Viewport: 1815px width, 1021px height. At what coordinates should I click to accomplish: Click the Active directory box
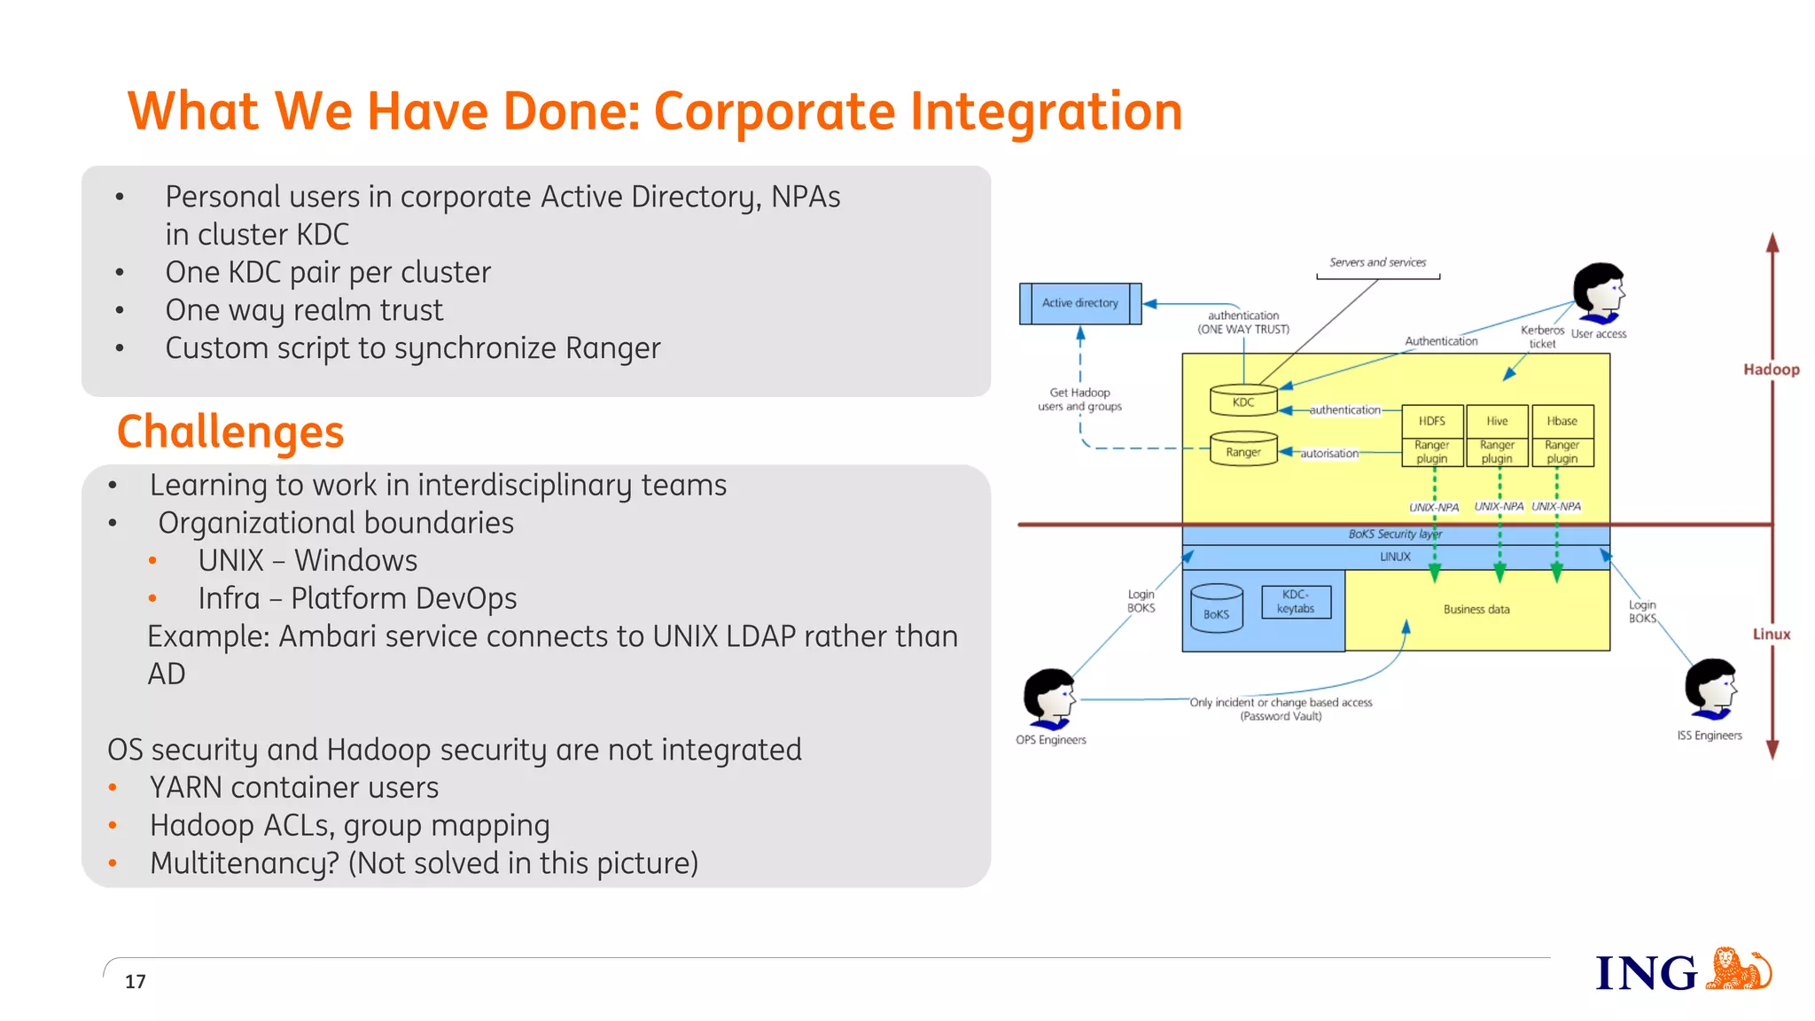pyautogui.click(x=1079, y=303)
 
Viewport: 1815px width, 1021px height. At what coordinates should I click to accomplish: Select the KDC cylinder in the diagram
pyautogui.click(x=1243, y=401)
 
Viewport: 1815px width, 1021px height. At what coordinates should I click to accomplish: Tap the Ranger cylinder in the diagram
pyautogui.click(x=1243, y=451)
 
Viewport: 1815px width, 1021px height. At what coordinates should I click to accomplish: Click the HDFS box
pyautogui.click(x=1431, y=421)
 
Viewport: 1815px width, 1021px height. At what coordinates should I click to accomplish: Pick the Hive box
pyautogui.click(x=1497, y=421)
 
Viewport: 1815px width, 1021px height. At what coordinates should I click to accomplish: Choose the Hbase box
pyautogui.click(x=1562, y=421)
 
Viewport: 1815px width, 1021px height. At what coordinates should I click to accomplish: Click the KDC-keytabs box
pyautogui.click(x=1296, y=602)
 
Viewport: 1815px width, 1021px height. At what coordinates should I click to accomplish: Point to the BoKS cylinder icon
pyautogui.click(x=1216, y=609)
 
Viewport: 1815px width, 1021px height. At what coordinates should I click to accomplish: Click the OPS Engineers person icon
pyautogui.click(x=1050, y=696)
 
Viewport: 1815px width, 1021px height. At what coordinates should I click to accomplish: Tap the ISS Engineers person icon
pyautogui.click(x=1711, y=689)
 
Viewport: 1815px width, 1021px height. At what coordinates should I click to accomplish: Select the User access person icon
pyautogui.click(x=1599, y=292)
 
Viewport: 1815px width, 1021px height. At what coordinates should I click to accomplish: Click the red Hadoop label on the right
pyautogui.click(x=1771, y=370)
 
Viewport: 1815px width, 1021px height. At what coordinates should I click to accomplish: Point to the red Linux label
pyautogui.click(x=1771, y=634)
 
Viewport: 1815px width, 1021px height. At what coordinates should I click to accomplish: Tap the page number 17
pyautogui.click(x=135, y=981)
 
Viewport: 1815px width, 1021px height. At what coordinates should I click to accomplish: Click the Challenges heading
pyautogui.click(x=230, y=432)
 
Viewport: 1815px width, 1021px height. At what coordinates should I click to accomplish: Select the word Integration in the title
pyautogui.click(x=1046, y=112)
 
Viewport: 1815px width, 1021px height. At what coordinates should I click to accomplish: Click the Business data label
pyautogui.click(x=1476, y=609)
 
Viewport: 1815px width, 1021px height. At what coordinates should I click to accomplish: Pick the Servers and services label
pyautogui.click(x=1377, y=262)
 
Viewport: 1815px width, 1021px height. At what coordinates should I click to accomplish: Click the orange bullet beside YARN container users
pyautogui.click(x=113, y=787)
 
